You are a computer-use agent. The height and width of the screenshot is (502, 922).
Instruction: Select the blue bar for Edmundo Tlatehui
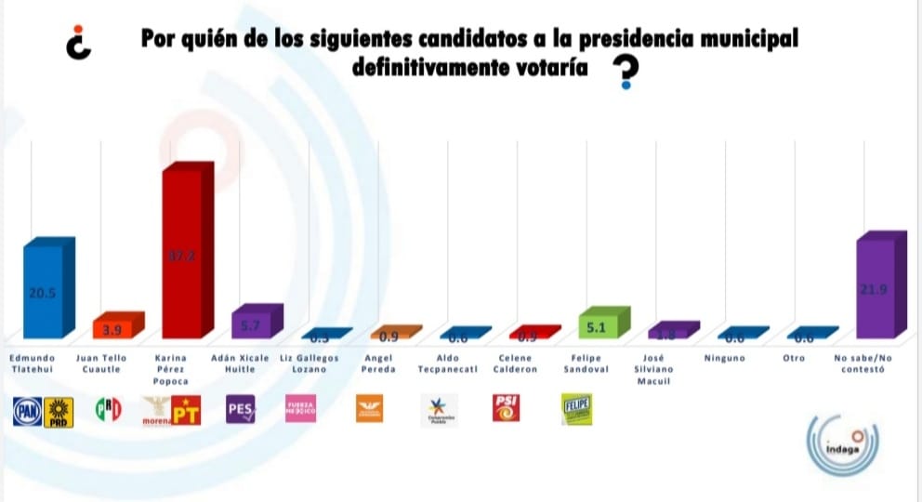pos(43,291)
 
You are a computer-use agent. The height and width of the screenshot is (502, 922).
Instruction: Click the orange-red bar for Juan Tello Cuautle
pos(112,329)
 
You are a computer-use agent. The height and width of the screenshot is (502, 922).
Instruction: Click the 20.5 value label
pos(40,291)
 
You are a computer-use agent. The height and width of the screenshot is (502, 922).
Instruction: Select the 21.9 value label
pos(874,290)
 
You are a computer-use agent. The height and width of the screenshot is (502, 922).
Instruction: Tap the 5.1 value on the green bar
pos(597,326)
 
